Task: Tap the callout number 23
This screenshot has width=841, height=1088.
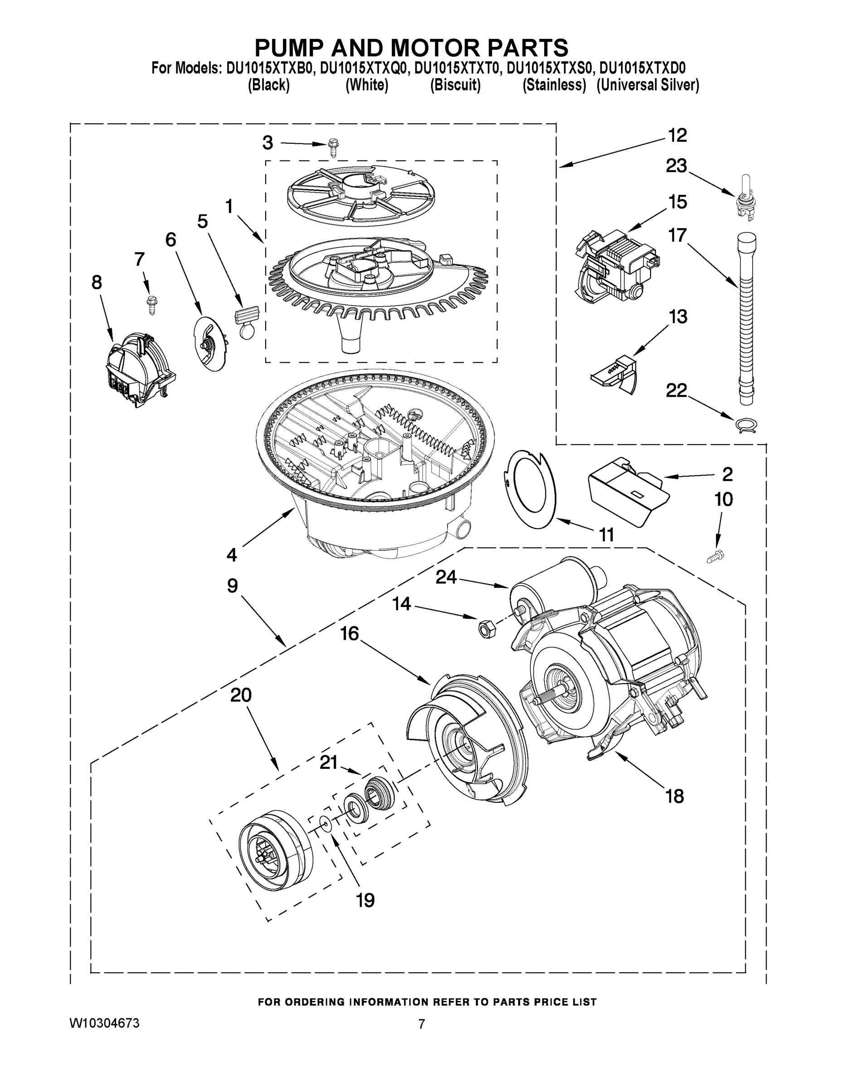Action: pyautogui.click(x=676, y=166)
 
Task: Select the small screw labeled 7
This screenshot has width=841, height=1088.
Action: pyautogui.click(x=150, y=303)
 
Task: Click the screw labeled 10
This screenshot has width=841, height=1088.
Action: pyautogui.click(x=716, y=557)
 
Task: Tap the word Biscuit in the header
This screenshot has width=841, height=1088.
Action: pyautogui.click(x=455, y=85)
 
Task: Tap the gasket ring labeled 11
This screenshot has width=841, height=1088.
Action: pyautogui.click(x=530, y=489)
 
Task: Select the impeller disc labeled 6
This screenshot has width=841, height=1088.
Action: pyautogui.click(x=208, y=342)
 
